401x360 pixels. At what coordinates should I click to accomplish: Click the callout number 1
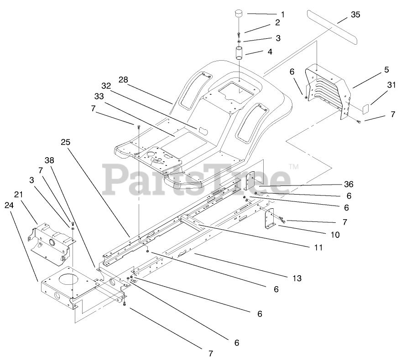click(283, 15)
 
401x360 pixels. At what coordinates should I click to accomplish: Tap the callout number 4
click(270, 52)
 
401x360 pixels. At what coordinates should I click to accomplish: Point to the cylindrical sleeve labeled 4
click(240, 52)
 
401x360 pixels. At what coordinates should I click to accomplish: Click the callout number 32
click(106, 86)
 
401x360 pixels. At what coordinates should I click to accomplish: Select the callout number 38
click(49, 160)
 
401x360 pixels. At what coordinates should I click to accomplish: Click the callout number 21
click(18, 195)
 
